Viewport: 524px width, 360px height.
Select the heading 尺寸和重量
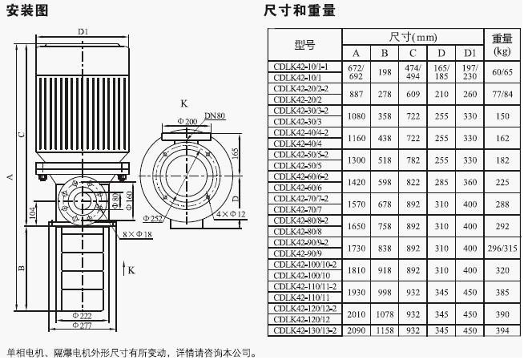[299, 10]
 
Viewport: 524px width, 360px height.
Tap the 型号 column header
[304, 45]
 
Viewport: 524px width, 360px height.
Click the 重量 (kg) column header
[502, 45]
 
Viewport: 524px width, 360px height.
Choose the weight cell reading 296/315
[502, 250]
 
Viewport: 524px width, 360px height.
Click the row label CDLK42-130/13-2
[304, 330]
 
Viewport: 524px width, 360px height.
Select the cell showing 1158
[385, 330]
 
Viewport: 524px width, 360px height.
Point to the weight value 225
[502, 182]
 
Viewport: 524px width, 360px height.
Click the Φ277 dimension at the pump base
[82, 325]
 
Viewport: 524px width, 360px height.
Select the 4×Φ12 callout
[231, 214]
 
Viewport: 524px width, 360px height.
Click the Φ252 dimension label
[154, 218]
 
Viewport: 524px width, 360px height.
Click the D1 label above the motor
[83, 31]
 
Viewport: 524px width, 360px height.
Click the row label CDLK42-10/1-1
[304, 67]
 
